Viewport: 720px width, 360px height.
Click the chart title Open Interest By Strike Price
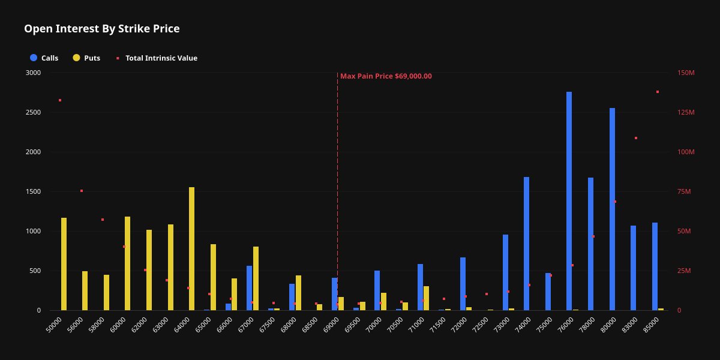pos(101,29)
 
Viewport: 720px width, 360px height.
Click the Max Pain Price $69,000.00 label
pos(386,76)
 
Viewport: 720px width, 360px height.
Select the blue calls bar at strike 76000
pos(569,201)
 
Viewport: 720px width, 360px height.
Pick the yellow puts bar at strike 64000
pos(191,248)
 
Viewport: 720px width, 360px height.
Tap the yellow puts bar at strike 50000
pos(64,264)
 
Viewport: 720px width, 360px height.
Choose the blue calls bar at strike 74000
pos(526,244)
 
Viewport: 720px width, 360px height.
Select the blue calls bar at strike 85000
pos(655,266)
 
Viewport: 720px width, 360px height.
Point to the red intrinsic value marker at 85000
pos(658,92)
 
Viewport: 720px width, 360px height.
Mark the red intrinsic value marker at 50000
pos(60,100)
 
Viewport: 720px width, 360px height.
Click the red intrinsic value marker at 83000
pos(636,138)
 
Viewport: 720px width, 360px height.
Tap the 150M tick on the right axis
pos(686,73)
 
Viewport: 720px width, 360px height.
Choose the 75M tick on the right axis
pos(685,191)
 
